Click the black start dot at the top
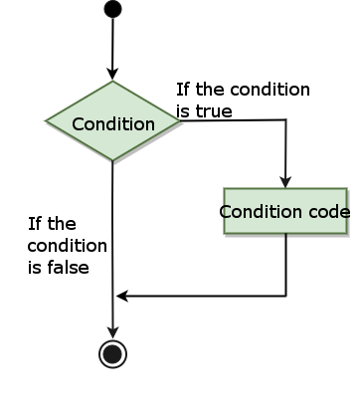click(112, 9)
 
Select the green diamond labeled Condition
click(112, 123)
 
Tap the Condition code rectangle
click(285, 211)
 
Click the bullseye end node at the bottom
click(112, 352)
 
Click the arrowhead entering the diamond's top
click(112, 75)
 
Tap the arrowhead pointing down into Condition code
click(285, 181)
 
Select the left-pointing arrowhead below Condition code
click(121, 296)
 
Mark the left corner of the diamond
click(47, 122)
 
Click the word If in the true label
click(183, 90)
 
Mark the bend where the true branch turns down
click(286, 121)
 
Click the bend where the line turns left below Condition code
click(286, 296)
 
